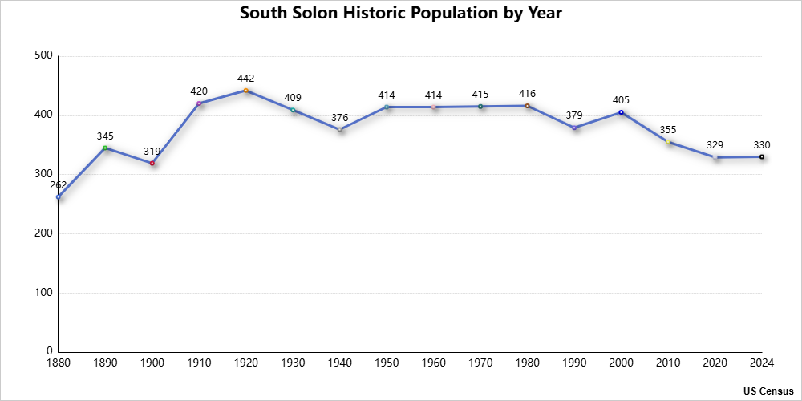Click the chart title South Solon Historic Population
[x=401, y=14]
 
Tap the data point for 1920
[x=246, y=91]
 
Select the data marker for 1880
[x=59, y=196]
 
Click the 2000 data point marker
[x=621, y=112]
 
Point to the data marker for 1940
[x=340, y=129]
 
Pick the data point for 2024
[x=762, y=156]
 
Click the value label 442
[x=246, y=79]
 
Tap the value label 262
[x=59, y=184]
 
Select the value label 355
[x=668, y=130]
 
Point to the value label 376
[x=340, y=117]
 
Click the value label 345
[x=105, y=136]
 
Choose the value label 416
[x=528, y=95]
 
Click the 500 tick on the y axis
[x=43, y=56]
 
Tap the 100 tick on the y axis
[x=43, y=293]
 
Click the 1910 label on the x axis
[x=199, y=363]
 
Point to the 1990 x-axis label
[x=574, y=363]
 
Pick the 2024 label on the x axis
[x=762, y=363]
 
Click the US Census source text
[x=768, y=391]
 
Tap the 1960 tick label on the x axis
[x=434, y=363]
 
